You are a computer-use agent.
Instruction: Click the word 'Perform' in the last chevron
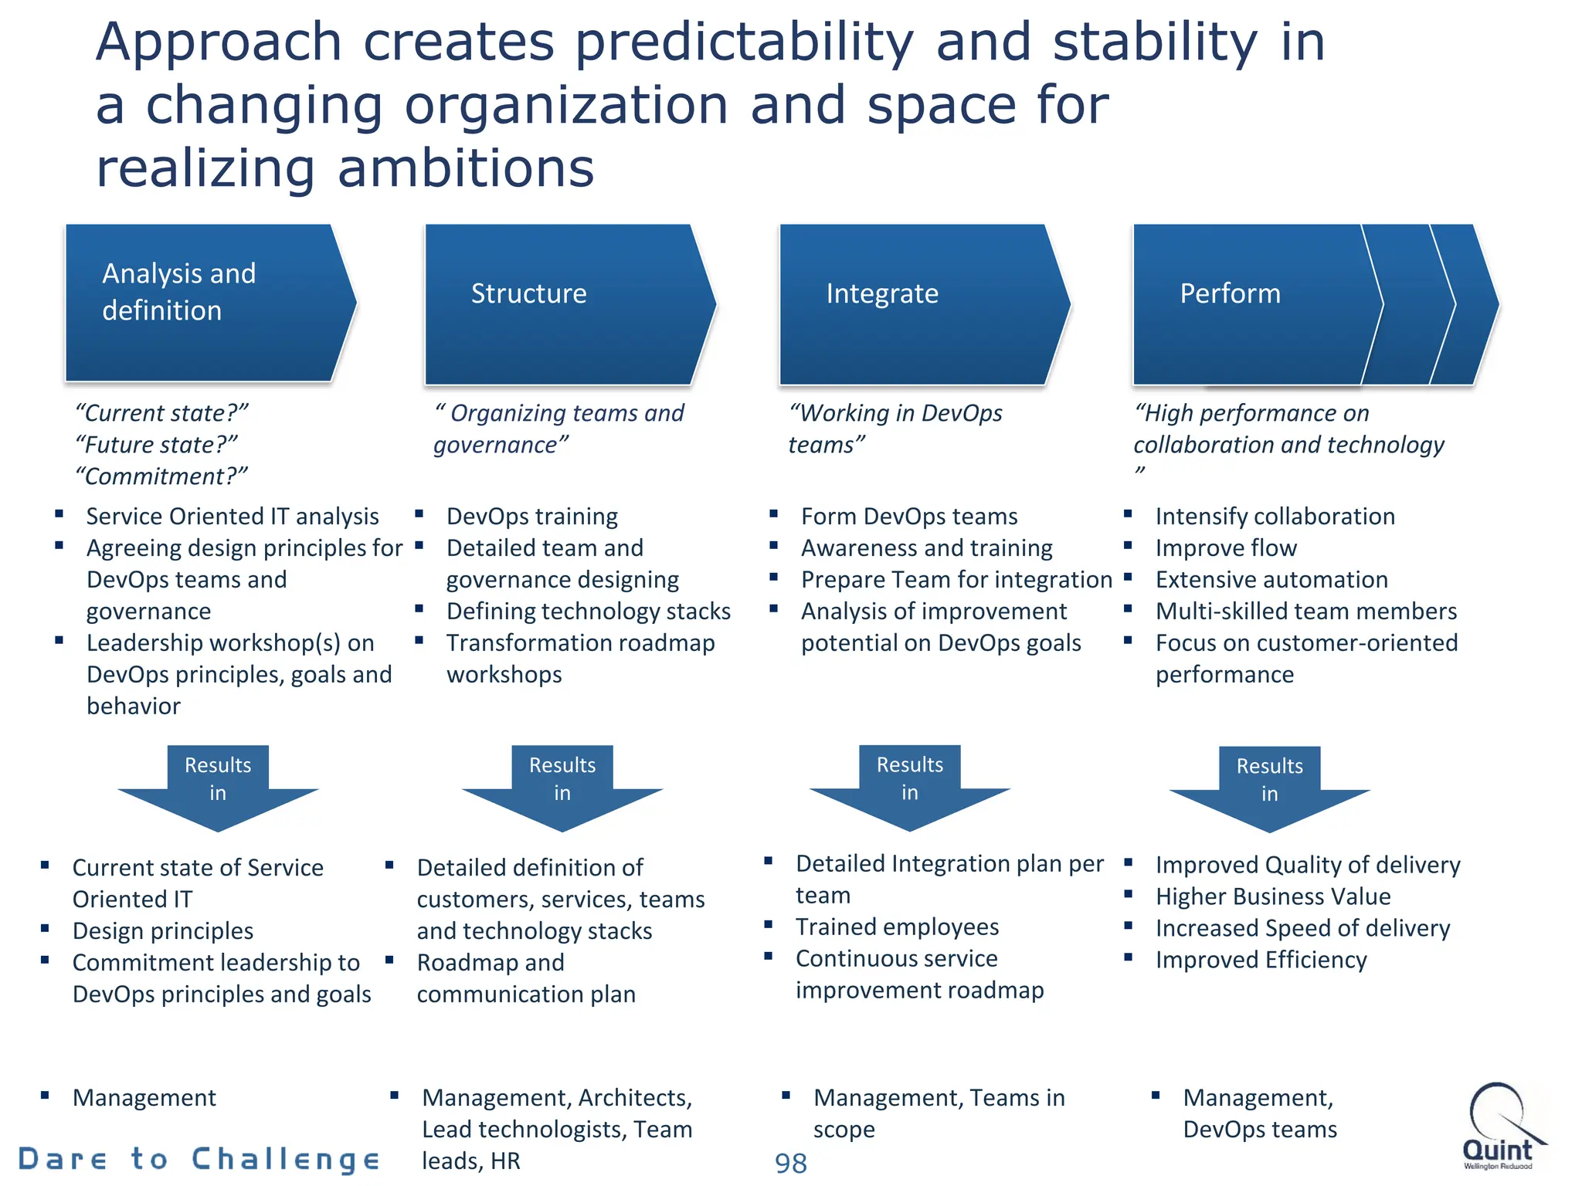pyautogui.click(x=1230, y=293)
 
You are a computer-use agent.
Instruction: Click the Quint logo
pyautogui.click(x=1499, y=1126)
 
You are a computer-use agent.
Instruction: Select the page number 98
pyautogui.click(x=790, y=1163)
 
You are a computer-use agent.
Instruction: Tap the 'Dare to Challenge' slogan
pyautogui.click(x=199, y=1159)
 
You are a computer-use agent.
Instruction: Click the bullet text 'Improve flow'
pyautogui.click(x=1226, y=548)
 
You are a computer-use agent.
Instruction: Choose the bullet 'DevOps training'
pyautogui.click(x=532, y=517)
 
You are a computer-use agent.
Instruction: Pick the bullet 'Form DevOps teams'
pyautogui.click(x=909, y=517)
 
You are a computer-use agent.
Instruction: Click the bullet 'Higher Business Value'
pyautogui.click(x=1273, y=896)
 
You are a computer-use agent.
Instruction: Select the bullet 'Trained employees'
pyautogui.click(x=897, y=927)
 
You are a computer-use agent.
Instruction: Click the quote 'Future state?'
pyautogui.click(x=157, y=445)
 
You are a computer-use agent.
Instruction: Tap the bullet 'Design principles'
pyautogui.click(x=163, y=931)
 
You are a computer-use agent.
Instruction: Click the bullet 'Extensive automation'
pyautogui.click(x=1271, y=580)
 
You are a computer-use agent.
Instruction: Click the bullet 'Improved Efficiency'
pyautogui.click(x=1261, y=960)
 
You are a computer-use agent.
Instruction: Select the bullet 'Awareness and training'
pyautogui.click(x=926, y=548)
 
